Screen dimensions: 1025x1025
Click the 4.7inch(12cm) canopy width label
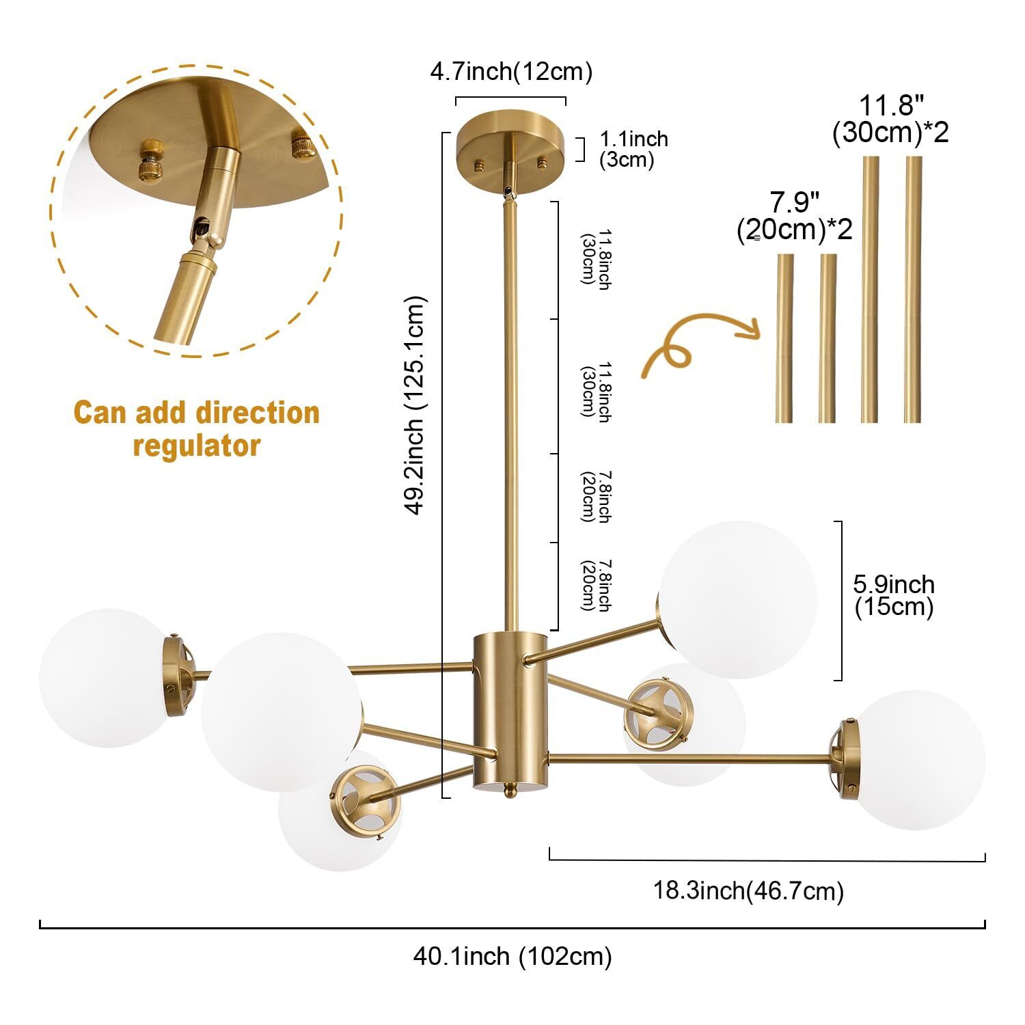click(511, 72)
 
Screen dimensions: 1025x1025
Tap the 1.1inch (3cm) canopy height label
click(633, 149)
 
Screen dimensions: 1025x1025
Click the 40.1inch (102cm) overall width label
click(512, 956)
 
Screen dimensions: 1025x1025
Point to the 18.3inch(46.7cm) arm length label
click(748, 891)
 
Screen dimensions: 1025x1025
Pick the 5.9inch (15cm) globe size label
click(894, 596)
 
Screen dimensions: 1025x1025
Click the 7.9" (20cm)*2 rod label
click(795, 216)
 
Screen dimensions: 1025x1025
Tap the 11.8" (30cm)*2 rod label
click(890, 119)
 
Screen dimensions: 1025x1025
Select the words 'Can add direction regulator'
click(197, 429)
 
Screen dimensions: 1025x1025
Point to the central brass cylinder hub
click(510, 711)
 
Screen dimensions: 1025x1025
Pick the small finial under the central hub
click(510, 791)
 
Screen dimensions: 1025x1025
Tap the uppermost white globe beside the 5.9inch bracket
click(737, 599)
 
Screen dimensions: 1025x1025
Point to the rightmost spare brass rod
click(913, 290)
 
